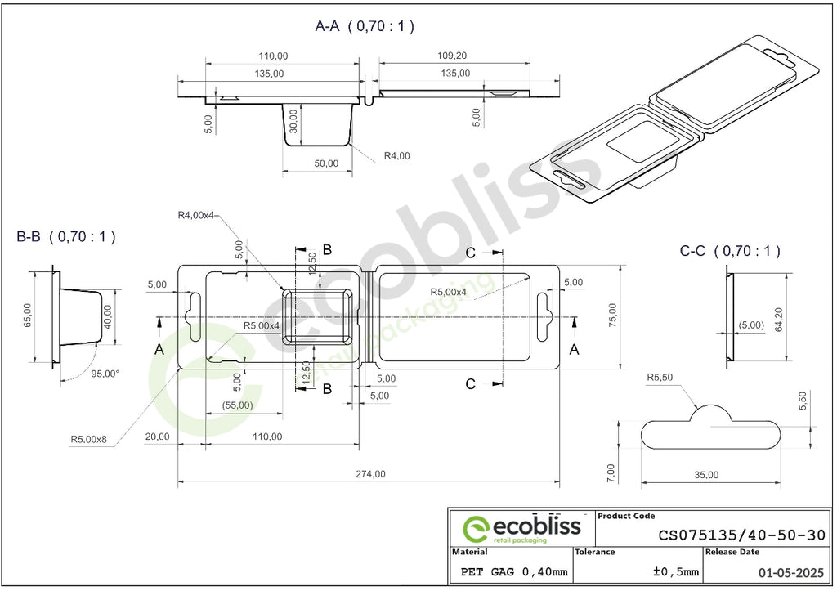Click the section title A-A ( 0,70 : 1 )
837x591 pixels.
(365, 26)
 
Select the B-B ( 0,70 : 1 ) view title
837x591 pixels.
(66, 236)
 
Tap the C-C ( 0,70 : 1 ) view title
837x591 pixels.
(730, 250)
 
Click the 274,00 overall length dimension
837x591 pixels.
(370, 474)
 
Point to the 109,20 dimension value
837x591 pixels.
(452, 56)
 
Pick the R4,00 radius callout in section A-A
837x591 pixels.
(397, 156)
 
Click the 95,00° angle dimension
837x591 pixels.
(105, 374)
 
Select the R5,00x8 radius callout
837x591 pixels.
(88, 440)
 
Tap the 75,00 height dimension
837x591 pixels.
(612, 315)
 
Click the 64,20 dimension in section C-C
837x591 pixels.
(779, 320)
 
